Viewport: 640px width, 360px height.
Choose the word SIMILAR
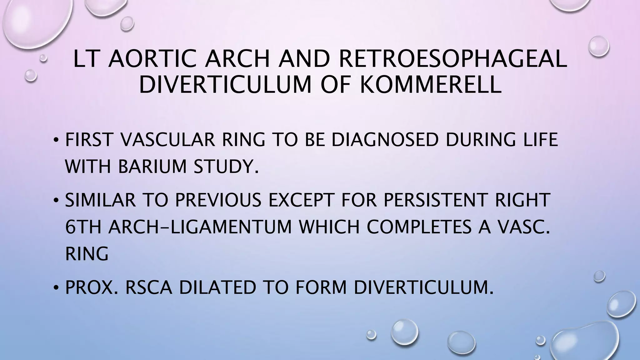(100, 200)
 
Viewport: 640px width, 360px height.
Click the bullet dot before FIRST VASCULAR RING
(56, 140)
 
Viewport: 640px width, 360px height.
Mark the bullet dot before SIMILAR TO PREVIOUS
(56, 200)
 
